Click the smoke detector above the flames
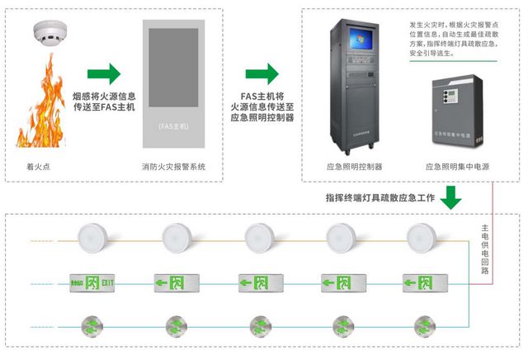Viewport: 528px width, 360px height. [49, 34]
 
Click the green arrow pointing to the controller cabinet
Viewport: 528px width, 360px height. [262, 73]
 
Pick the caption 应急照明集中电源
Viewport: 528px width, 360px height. [457, 166]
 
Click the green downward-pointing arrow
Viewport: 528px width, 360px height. [451, 197]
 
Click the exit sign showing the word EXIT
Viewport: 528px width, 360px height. [90, 282]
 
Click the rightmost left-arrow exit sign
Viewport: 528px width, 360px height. [422, 282]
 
